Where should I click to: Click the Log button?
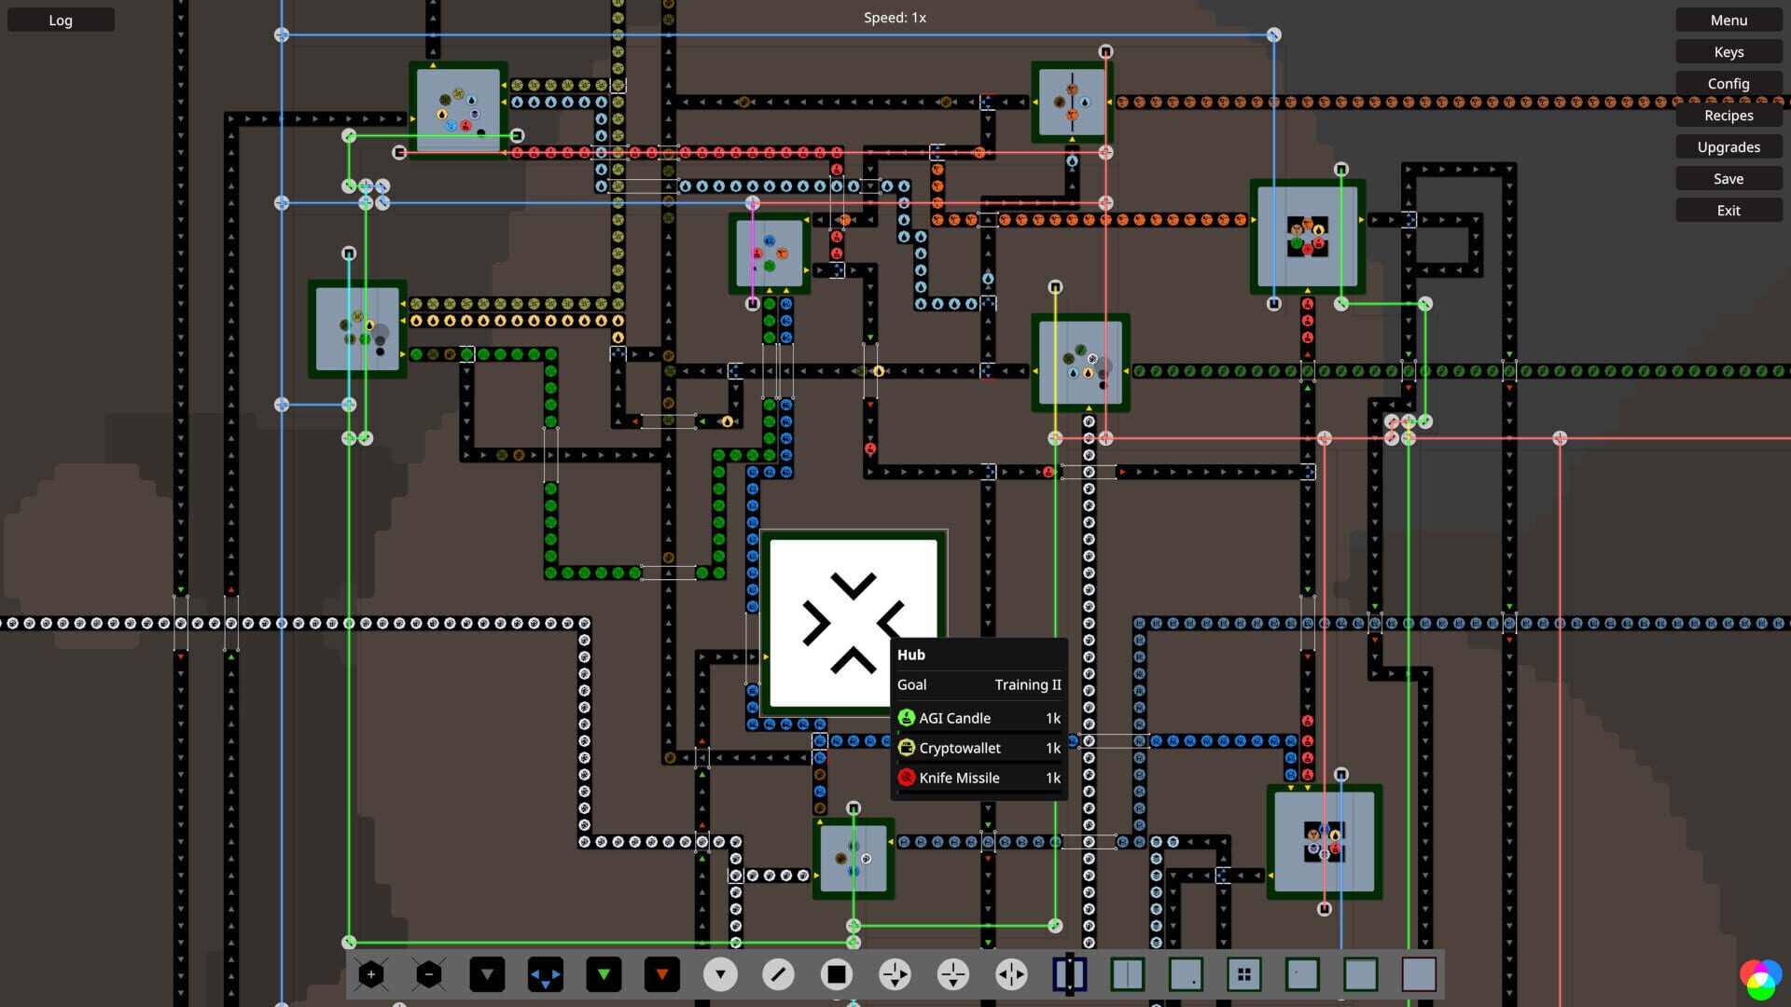61,20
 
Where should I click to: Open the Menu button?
1728,20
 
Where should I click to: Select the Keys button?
1728,51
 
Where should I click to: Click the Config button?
1728,83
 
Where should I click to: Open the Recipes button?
1728,115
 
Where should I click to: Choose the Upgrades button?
1728,146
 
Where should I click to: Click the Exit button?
1728,210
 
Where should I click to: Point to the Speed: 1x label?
894,18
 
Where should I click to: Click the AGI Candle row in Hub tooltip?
979,718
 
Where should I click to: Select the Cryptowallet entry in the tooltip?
979,748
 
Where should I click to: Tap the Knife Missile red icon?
906,778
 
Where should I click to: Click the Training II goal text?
1027,684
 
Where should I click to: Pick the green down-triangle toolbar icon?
604,974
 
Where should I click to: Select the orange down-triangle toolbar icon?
661,974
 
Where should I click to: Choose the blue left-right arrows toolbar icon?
545,974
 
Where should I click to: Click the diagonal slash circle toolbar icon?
778,974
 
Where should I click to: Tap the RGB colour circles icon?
1758,978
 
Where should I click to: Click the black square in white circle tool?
836,974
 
